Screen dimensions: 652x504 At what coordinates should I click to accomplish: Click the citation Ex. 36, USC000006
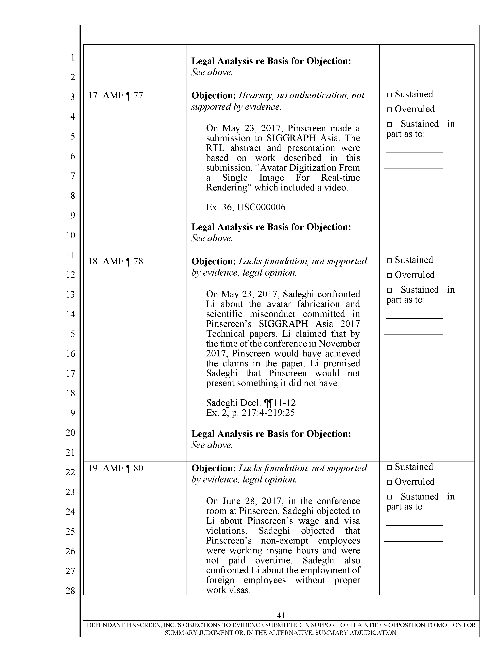245,207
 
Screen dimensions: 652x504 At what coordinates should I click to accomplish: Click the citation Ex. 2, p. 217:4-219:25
250,413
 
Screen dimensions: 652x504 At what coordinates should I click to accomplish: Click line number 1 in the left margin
72,57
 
